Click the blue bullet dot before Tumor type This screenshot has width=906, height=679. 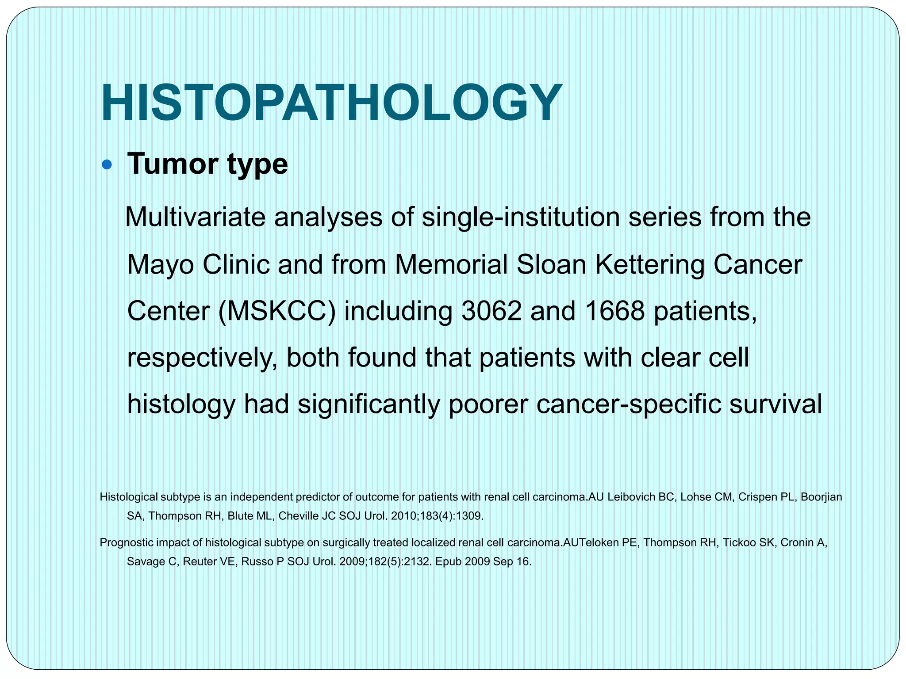pos(107,165)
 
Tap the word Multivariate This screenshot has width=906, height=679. pos(195,217)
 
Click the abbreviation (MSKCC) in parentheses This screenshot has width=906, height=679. pos(277,312)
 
